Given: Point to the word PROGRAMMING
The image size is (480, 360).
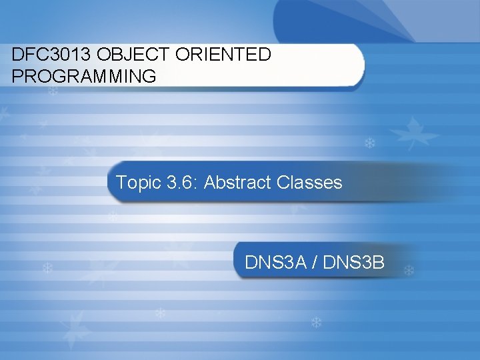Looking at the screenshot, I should (x=84, y=76).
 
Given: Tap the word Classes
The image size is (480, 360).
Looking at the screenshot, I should (x=308, y=183).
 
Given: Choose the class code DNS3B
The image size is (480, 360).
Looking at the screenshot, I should (x=354, y=263).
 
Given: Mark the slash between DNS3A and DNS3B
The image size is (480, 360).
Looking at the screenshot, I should (x=315, y=263).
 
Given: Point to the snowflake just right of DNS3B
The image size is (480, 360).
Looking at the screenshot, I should (x=409, y=271).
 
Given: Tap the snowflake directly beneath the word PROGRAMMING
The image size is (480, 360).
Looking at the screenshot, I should (x=53, y=91).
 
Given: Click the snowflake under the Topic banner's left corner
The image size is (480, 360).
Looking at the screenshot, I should (x=113, y=216).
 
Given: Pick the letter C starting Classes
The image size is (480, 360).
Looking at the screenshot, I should (x=279, y=183).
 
